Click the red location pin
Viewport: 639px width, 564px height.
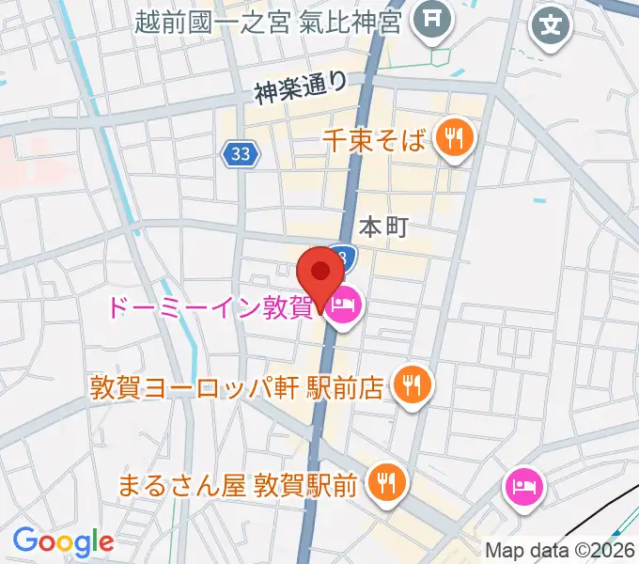320,274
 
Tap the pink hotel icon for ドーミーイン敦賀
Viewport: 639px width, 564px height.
344,305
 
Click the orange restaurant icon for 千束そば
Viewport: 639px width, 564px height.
455,138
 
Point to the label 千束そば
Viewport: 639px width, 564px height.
374,140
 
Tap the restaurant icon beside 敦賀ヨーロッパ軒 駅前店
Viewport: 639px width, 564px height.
411,384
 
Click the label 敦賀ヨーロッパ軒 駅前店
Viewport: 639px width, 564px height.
236,386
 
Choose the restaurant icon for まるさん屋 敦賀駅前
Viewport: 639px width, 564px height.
384,484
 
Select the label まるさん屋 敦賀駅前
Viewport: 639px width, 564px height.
237,485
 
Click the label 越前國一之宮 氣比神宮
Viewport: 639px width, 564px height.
268,21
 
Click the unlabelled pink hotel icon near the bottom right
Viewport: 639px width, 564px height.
522,486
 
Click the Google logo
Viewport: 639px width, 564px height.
63,540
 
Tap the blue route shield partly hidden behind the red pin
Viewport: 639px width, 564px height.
346,255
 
